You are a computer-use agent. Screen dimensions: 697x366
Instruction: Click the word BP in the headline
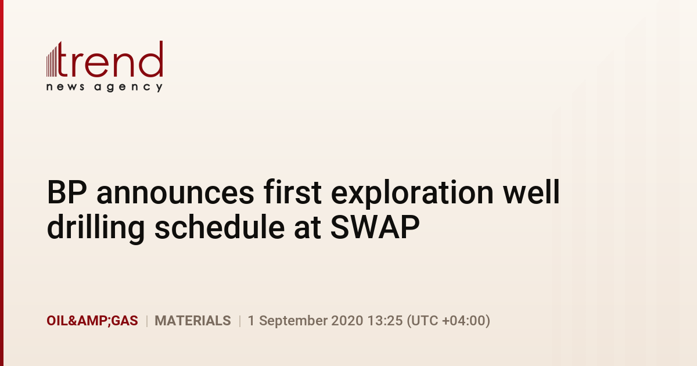[67, 192]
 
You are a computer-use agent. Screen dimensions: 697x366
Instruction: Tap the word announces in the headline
[175, 192]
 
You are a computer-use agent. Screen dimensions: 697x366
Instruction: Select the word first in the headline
[293, 192]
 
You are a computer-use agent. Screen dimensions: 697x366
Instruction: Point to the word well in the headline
[531, 192]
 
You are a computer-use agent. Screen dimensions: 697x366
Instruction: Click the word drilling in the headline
[96, 228]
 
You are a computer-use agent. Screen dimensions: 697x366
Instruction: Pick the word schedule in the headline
[220, 227]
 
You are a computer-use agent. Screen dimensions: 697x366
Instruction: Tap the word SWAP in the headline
[375, 227]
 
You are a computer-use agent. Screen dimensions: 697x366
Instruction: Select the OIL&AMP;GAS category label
[92, 321]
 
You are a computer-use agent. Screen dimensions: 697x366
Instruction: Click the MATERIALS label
[193, 321]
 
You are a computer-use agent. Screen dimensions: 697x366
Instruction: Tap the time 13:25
[385, 321]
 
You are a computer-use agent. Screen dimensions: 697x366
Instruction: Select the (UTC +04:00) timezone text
[448, 321]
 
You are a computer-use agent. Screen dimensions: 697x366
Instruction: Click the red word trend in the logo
[110, 59]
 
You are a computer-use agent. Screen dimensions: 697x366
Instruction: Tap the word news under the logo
[65, 87]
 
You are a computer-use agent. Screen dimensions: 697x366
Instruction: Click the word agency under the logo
[128, 88]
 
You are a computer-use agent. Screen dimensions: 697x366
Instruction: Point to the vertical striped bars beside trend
[52, 60]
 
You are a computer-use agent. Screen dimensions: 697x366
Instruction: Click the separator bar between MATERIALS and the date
[239, 321]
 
